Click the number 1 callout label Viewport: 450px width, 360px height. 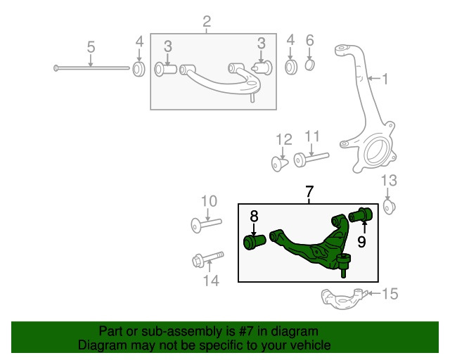pyautogui.click(x=385, y=79)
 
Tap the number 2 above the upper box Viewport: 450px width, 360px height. pyautogui.click(x=207, y=22)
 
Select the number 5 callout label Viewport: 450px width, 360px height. pyautogui.click(x=91, y=47)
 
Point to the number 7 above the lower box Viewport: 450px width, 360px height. pyautogui.click(x=308, y=191)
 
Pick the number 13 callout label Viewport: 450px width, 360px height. pyautogui.click(x=389, y=181)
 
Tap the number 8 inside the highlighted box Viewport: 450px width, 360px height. pyautogui.click(x=254, y=217)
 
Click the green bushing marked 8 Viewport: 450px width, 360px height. pyautogui.click(x=255, y=242)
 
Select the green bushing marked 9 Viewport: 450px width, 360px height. pyautogui.click(x=361, y=213)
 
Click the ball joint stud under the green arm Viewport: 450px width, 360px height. pyautogui.click(x=344, y=266)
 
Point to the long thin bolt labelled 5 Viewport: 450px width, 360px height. pyautogui.click(x=91, y=68)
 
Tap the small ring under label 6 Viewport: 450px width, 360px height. pyautogui.click(x=310, y=67)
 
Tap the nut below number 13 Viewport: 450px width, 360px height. pyautogui.click(x=392, y=207)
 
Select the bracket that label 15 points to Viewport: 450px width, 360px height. pyautogui.click(x=342, y=298)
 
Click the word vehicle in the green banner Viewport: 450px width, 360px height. pyautogui.click(x=307, y=346)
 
